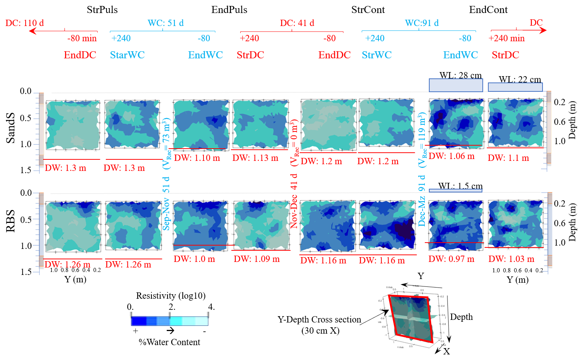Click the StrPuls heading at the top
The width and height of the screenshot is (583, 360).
102,10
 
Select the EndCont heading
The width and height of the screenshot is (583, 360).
488,10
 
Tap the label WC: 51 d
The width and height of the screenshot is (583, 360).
166,23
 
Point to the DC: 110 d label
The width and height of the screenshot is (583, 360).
25,23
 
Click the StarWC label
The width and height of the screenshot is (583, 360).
127,55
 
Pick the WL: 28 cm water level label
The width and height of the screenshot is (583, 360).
460,75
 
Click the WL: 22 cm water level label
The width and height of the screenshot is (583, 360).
520,80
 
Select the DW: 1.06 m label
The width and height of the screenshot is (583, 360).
452,156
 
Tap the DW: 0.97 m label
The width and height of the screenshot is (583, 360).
451,259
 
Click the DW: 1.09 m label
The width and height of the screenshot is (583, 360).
257,259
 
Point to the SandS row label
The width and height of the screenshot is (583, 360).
11,128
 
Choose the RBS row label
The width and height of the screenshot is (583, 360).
11,221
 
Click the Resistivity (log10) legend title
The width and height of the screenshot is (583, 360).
171,296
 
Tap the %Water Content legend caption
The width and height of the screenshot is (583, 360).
169,342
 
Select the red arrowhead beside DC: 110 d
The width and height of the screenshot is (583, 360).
33,31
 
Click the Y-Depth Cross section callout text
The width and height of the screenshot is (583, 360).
319,320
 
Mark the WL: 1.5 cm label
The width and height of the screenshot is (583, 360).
460,186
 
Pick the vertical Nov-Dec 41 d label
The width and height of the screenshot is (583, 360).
294,201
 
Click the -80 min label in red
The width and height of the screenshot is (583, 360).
82,38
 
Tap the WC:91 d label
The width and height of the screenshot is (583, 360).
421,23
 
